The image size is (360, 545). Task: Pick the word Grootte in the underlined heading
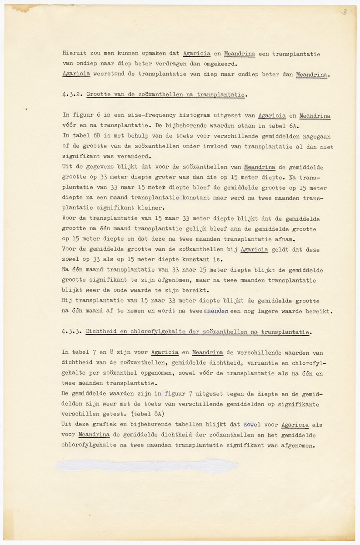click(98, 95)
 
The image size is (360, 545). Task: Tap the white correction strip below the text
click(146, 465)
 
